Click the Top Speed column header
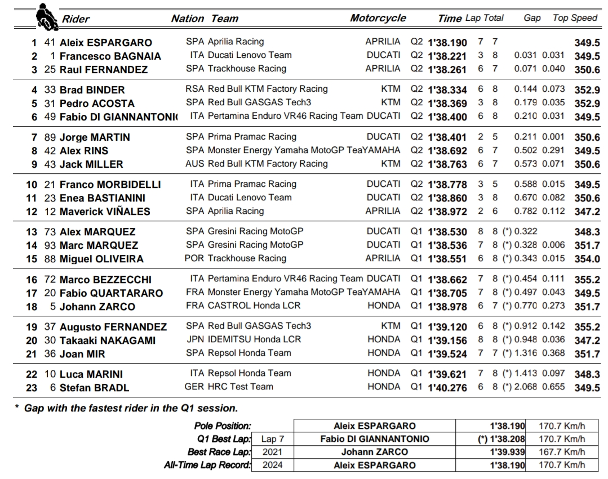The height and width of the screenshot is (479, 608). (x=575, y=18)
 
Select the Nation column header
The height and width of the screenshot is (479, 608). (x=187, y=19)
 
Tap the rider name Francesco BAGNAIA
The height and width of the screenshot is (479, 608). (x=110, y=56)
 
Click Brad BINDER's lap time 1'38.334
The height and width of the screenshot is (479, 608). (x=447, y=90)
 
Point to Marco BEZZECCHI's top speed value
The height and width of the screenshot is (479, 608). (x=587, y=280)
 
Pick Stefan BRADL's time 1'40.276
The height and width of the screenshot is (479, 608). (x=447, y=387)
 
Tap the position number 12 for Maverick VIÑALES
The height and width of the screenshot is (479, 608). (x=32, y=212)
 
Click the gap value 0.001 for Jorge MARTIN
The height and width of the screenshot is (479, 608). (x=554, y=137)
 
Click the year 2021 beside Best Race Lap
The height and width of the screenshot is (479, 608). (x=274, y=452)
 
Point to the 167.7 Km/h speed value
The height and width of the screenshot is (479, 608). (x=562, y=452)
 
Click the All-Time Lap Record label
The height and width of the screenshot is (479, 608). (x=207, y=465)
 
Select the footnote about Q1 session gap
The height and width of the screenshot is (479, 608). (x=127, y=408)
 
